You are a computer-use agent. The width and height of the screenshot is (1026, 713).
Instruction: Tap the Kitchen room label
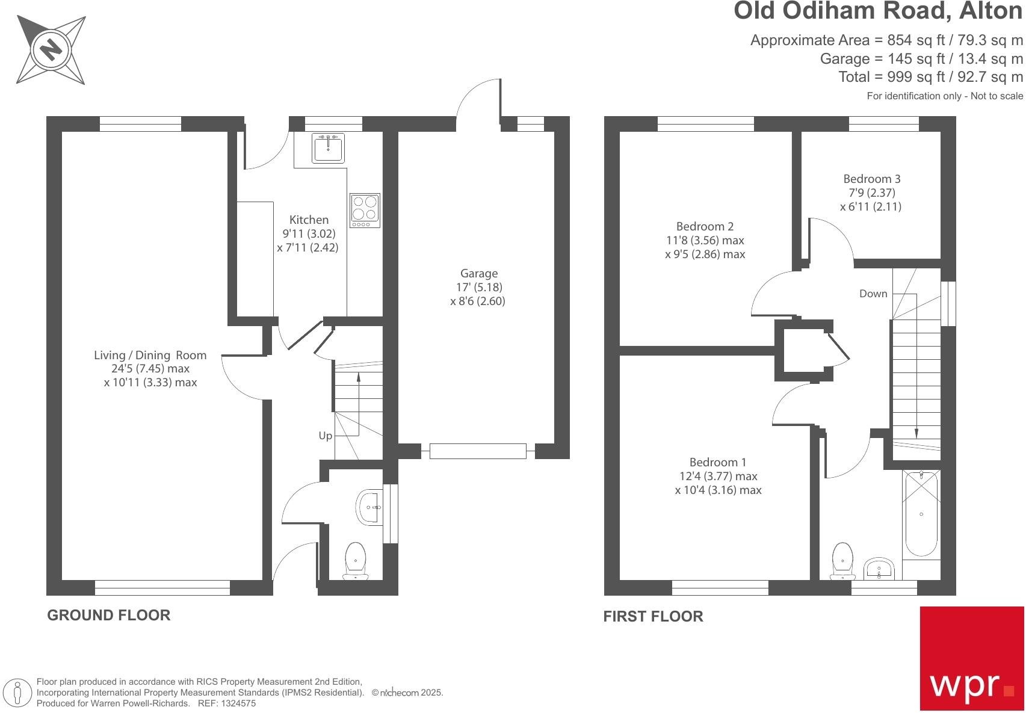pos(309,220)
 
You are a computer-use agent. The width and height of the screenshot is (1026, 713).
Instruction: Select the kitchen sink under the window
pos(328,148)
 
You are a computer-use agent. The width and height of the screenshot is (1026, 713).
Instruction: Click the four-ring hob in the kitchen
pos(365,210)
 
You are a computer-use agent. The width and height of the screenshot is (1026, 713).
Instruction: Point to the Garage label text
pos(478,274)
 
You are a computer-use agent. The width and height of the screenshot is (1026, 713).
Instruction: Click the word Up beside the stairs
pos(325,436)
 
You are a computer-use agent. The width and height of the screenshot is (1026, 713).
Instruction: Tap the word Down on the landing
pos(873,294)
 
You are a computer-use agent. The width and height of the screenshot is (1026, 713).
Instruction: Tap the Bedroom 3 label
pos(871,179)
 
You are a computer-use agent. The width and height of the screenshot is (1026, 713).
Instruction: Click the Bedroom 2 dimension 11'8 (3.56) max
pos(705,240)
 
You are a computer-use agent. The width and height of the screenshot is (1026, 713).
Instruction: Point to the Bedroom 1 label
pos(717,462)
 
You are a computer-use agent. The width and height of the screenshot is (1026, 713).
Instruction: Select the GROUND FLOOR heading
pos(109,615)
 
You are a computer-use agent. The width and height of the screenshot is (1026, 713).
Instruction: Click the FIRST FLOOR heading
pos(653,616)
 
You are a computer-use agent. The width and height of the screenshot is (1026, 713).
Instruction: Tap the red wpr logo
pos(972,658)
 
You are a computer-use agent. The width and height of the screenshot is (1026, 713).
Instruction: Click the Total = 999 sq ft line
pos(930,77)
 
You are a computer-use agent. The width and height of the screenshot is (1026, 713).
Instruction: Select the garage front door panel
pos(478,451)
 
